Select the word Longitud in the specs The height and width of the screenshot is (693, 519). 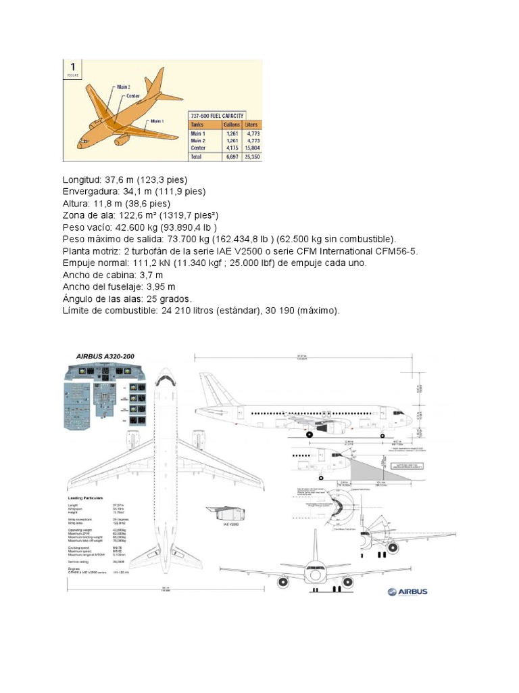[82, 179]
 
